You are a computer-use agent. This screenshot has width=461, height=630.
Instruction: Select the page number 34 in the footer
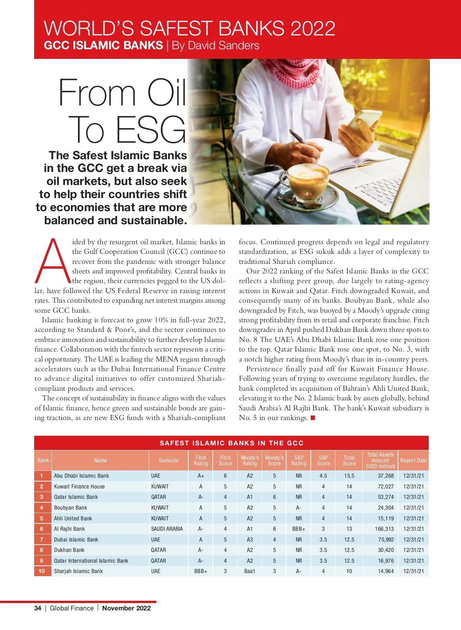click(38, 608)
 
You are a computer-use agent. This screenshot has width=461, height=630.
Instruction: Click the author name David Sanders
click(216, 45)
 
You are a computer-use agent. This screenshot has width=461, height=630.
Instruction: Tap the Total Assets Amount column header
click(380, 460)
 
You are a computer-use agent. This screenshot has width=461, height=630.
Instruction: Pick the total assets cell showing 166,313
click(384, 529)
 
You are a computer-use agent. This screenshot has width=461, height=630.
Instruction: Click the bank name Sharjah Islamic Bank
click(78, 571)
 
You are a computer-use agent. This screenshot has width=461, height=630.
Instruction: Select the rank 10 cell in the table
click(42, 571)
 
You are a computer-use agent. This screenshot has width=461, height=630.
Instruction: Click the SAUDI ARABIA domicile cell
click(167, 529)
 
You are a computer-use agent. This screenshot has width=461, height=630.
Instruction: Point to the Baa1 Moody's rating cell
click(250, 571)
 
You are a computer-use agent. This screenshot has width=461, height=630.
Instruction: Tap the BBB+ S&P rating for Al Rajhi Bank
click(299, 529)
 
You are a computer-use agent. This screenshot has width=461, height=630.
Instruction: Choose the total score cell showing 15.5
click(349, 476)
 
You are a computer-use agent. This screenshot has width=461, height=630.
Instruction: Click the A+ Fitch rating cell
click(201, 476)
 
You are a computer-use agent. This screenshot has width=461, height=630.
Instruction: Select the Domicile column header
click(169, 460)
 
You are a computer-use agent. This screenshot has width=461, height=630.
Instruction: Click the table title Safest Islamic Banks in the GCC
click(231, 443)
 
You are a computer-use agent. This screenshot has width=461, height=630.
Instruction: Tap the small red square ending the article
click(313, 418)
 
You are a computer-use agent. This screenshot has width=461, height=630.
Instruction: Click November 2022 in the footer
click(126, 608)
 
